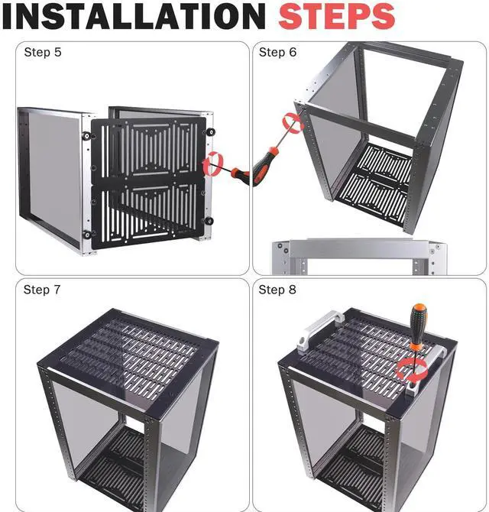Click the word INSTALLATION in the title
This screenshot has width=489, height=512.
pos(134,16)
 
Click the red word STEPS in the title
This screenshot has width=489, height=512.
pos(336,16)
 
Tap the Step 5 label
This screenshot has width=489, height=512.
pos(43,52)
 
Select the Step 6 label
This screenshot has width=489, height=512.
pos(277,52)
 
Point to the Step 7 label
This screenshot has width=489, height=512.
pos(42,290)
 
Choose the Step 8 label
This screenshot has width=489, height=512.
pos(277,290)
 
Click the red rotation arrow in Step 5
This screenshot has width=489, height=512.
pos(212,164)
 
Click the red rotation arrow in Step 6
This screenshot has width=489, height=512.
pos(293,124)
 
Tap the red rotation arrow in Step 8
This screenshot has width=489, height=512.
pos(412,371)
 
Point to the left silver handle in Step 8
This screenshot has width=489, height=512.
pos(320,330)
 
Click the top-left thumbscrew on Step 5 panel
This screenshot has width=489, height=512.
pos(86,135)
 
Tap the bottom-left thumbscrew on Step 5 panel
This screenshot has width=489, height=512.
pos(87,235)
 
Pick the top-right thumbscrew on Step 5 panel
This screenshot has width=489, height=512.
pos(211,132)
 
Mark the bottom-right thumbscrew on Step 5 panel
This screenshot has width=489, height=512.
pos(209,221)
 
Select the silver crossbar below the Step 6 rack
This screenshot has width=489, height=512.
pos(359,249)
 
